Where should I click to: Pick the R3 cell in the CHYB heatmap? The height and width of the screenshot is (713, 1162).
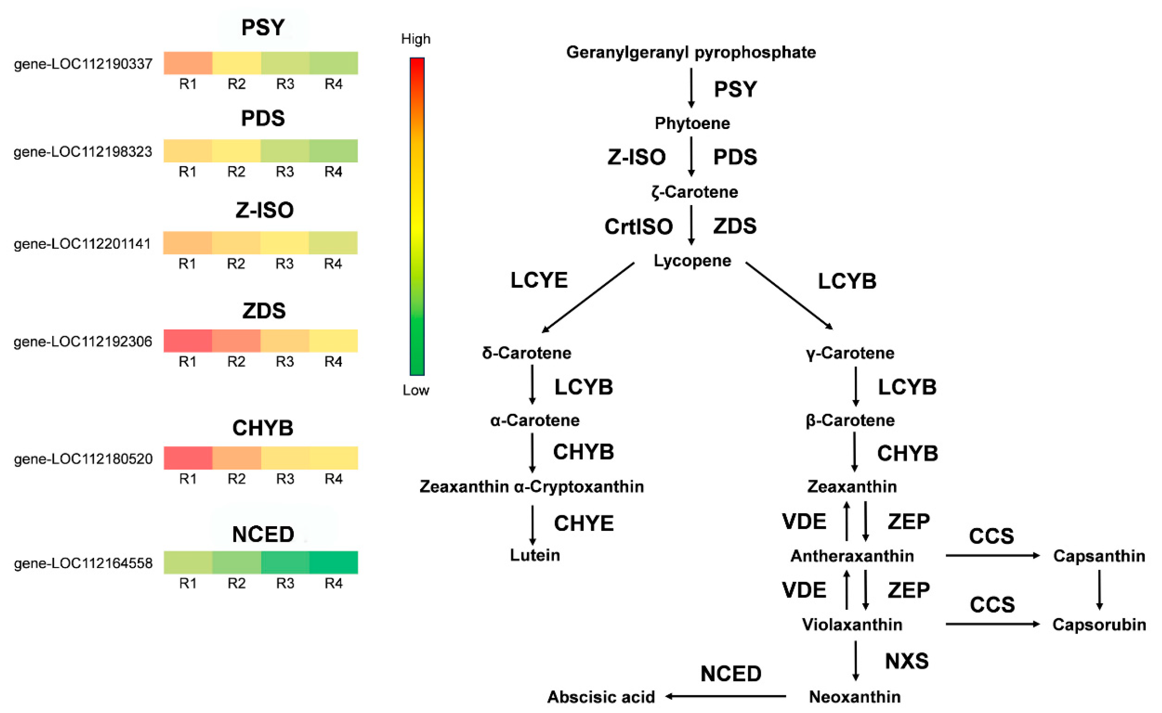coord(285,458)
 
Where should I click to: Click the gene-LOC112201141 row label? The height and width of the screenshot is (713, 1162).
coord(82,244)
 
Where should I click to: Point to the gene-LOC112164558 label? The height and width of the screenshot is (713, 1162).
coord(83,563)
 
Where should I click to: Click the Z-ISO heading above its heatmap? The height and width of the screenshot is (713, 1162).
coord(264,210)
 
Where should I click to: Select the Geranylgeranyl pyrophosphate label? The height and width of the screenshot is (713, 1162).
coord(691,52)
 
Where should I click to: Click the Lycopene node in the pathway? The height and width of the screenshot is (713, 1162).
coord(692,260)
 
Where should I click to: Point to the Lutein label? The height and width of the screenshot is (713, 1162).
coord(535,555)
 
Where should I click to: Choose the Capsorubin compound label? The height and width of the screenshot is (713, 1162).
coord(1099,625)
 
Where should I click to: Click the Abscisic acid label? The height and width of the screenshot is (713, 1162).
coord(601,697)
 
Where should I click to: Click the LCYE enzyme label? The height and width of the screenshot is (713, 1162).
coord(539,280)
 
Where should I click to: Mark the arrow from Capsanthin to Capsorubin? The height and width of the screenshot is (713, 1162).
coord(1099,589)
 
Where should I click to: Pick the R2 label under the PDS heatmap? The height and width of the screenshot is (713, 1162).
coord(236,172)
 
